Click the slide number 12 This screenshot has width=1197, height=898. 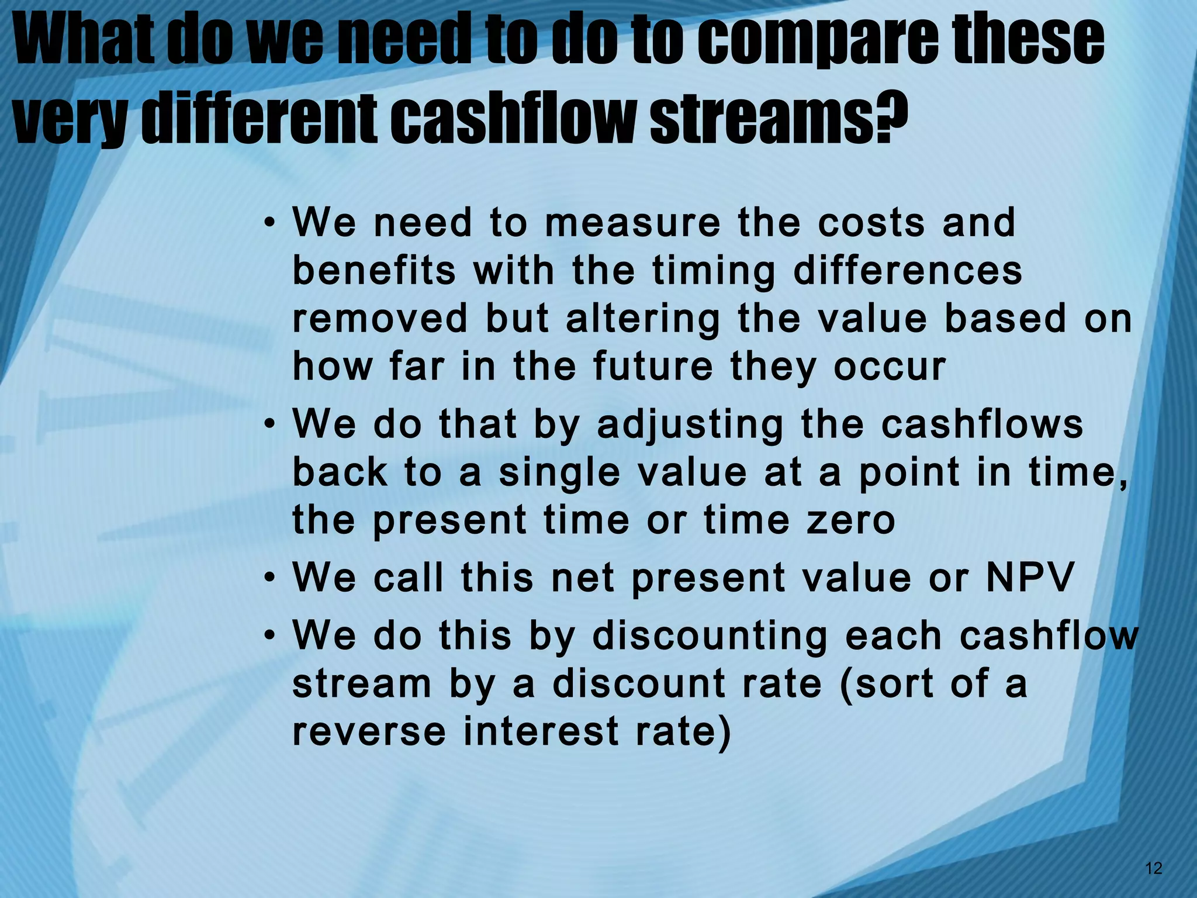1154,868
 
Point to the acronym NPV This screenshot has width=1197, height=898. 1030,578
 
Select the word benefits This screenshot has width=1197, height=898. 374,271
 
